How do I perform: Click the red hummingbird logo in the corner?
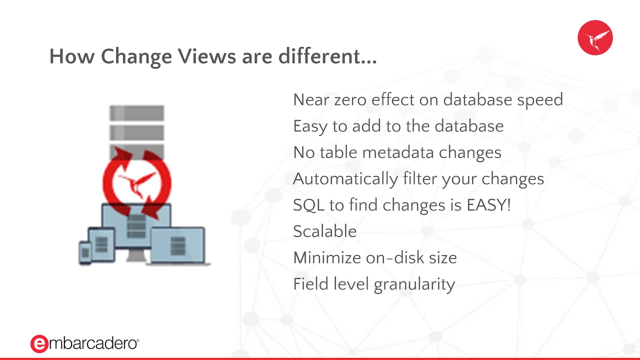tap(595, 37)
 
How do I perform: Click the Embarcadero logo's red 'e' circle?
tap(39, 343)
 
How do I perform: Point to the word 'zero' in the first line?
tap(349, 100)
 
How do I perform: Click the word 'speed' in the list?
tap(540, 100)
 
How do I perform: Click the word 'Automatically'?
tap(345, 179)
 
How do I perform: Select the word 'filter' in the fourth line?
tap(418, 179)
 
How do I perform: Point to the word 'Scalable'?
tap(325, 231)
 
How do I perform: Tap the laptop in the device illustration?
tap(178, 245)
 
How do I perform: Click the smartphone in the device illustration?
tap(84, 252)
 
